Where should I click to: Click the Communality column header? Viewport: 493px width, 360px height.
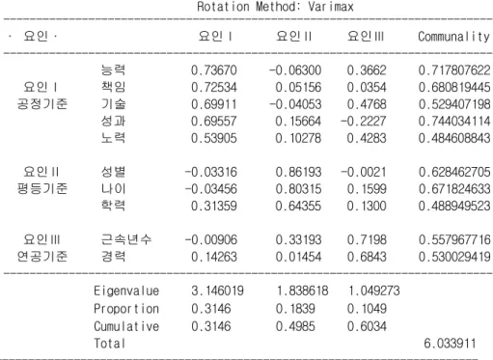point(453,37)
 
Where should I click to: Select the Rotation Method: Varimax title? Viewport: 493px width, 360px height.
point(275,7)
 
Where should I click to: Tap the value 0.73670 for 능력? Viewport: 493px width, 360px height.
point(214,70)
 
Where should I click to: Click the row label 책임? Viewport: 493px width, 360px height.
point(113,87)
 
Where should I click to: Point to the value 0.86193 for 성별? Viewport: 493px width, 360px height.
point(298,172)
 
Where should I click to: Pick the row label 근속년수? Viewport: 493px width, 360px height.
point(125,239)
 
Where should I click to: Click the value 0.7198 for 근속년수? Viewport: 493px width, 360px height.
point(367,239)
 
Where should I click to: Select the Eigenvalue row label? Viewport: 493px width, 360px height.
point(126,291)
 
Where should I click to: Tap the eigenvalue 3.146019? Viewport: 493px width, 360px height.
point(217,291)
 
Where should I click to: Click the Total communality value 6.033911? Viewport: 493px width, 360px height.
point(450,344)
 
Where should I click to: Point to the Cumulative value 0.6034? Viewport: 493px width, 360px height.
point(367,326)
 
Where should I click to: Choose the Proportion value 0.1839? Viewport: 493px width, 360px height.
point(295,309)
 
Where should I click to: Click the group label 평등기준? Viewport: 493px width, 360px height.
point(42,188)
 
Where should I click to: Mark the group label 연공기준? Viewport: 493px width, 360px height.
point(42,257)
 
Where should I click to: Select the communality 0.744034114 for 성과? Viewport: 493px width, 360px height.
point(454,121)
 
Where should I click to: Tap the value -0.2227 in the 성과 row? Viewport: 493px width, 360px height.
point(363,121)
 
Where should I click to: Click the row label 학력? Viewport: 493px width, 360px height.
point(113,206)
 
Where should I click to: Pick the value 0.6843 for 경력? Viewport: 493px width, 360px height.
point(367,257)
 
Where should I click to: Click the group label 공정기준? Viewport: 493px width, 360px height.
point(42,104)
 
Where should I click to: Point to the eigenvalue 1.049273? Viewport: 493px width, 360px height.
point(374,291)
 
